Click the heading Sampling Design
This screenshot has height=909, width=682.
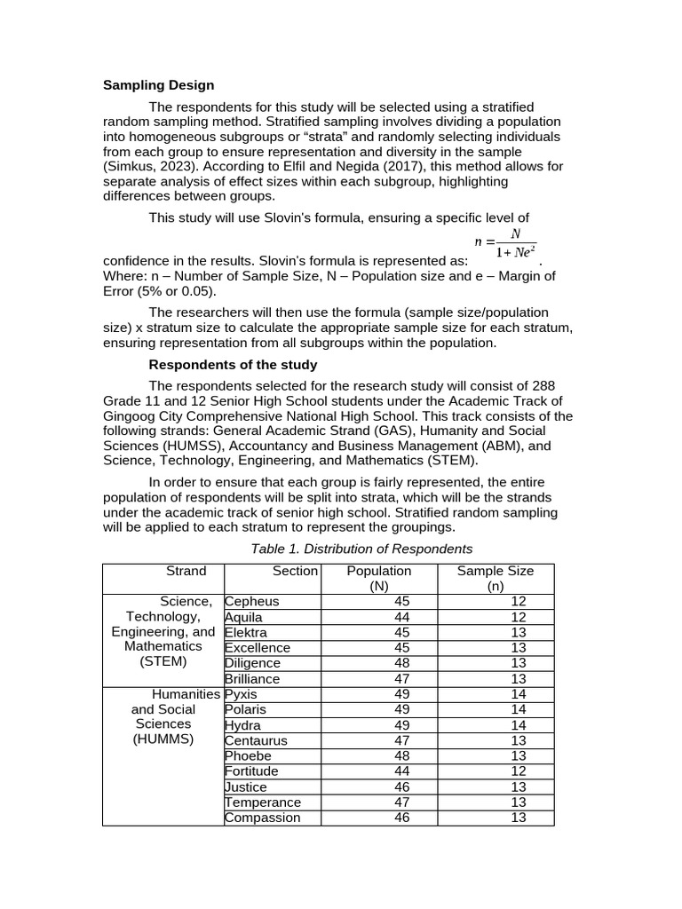point(158,85)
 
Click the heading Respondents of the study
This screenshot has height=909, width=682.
point(233,365)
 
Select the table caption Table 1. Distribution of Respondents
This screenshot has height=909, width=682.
point(361,549)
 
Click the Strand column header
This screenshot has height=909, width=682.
point(186,571)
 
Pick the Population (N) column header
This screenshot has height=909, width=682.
point(379,578)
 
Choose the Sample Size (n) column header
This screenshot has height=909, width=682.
point(495,578)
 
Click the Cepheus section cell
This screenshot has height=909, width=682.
point(252,602)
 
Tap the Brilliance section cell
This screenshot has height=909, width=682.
point(252,679)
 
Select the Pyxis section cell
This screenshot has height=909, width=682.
point(242,694)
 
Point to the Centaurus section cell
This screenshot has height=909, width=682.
point(256,740)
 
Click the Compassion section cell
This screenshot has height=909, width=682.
point(262,818)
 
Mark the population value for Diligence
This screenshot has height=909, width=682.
point(402,663)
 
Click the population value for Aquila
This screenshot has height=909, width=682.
point(402,617)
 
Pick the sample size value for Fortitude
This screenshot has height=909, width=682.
point(519,771)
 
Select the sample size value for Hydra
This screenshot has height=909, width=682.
point(519,725)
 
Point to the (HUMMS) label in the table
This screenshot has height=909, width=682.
point(163,739)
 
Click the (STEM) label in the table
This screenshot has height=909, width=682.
point(163,661)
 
